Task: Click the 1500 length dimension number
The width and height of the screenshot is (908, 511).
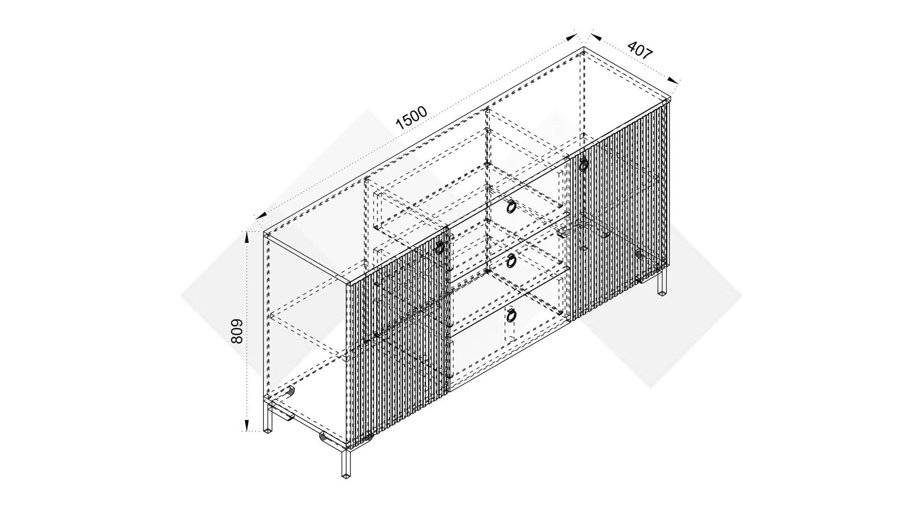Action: [411, 118]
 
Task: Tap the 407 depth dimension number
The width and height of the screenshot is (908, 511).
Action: [640, 50]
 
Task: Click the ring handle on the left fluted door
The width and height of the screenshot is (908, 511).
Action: [440, 248]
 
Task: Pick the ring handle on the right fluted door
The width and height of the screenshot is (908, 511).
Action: [584, 165]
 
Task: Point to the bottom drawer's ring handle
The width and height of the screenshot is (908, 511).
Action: [511, 314]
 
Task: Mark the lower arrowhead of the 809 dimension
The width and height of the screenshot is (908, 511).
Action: [246, 425]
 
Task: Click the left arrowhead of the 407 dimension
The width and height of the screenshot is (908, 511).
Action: [594, 36]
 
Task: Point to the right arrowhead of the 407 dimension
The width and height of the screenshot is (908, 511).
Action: [672, 81]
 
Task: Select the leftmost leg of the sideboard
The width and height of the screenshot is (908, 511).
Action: [269, 416]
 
